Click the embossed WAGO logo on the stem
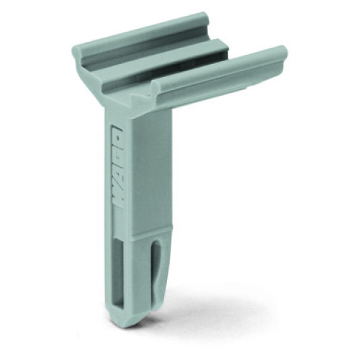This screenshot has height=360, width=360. pyautogui.click(x=117, y=166)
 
